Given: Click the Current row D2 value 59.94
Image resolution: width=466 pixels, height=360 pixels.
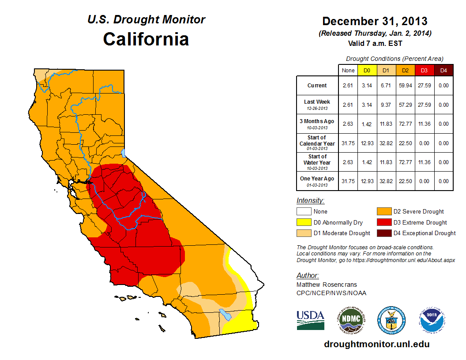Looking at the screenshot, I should (x=406, y=86).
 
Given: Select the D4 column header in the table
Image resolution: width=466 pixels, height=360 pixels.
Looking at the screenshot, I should (x=443, y=70).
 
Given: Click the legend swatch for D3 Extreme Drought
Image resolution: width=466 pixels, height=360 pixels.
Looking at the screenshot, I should (x=383, y=222).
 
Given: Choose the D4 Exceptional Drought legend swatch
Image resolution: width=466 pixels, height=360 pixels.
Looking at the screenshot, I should (x=383, y=233).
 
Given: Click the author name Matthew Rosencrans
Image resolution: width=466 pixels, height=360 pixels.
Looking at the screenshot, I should (x=327, y=285).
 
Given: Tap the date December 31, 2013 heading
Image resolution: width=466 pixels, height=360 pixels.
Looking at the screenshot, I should (x=375, y=21).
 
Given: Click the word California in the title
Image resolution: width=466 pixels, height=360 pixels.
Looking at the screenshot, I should (x=146, y=39).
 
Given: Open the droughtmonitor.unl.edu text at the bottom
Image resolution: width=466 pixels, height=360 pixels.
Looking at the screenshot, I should (x=376, y=344).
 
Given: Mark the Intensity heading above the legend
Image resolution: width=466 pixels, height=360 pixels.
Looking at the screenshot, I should (x=310, y=200).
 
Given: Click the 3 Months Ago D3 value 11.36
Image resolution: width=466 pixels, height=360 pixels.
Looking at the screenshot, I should (x=425, y=124).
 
